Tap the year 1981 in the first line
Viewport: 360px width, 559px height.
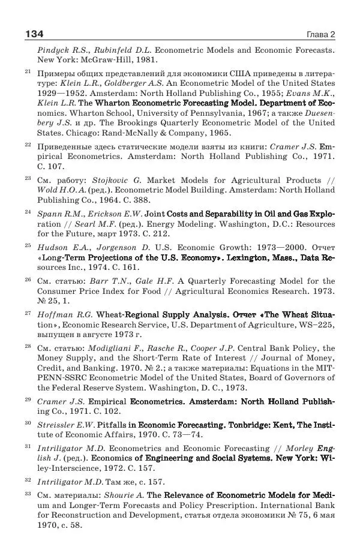point(146,60)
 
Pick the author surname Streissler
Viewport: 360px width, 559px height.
point(59,425)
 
